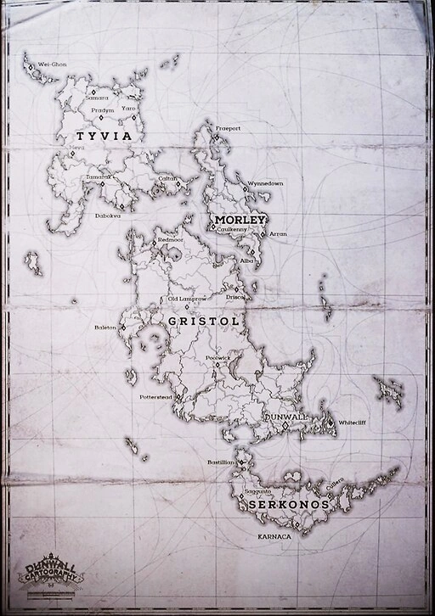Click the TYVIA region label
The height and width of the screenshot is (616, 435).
point(104,136)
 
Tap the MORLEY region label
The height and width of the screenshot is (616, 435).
point(241,220)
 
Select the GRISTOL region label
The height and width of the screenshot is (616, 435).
point(203,322)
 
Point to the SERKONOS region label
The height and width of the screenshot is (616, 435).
point(288,504)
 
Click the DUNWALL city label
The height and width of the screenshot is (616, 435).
point(286,418)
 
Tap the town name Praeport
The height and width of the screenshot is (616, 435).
point(228,128)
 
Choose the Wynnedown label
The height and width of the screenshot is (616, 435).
point(265,183)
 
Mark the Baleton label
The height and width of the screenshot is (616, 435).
point(105,327)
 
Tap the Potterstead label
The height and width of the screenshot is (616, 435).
point(156,396)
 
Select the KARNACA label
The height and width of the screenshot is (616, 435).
point(274,537)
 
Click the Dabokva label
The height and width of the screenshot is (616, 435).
point(108,216)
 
